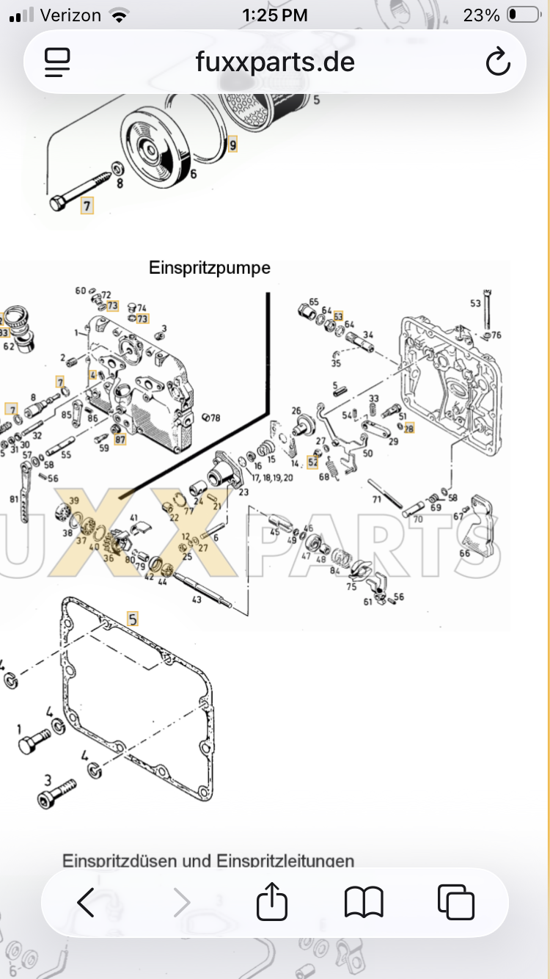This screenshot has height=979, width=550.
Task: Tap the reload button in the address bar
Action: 498,62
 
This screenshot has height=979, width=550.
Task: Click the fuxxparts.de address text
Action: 275,62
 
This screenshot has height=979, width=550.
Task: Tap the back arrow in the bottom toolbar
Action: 86,902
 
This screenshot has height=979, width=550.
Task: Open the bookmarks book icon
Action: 364,902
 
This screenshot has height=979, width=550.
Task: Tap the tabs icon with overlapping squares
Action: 455,902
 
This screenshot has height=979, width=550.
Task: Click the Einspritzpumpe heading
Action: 210,268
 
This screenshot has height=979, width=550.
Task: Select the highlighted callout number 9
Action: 232,145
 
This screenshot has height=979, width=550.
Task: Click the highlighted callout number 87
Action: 120,440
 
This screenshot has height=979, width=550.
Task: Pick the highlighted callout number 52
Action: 313,462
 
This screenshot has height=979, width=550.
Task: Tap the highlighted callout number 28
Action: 408,428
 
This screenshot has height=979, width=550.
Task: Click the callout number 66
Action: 464,553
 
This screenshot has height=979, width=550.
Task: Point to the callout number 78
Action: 215,418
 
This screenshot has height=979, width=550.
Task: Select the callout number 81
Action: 14,499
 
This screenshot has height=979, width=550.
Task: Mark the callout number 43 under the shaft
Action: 197,600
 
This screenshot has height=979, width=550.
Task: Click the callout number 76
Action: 496,335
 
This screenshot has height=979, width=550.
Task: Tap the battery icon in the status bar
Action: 523,15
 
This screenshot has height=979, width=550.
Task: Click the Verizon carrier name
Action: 70,15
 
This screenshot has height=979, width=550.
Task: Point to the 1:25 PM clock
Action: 274,15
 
